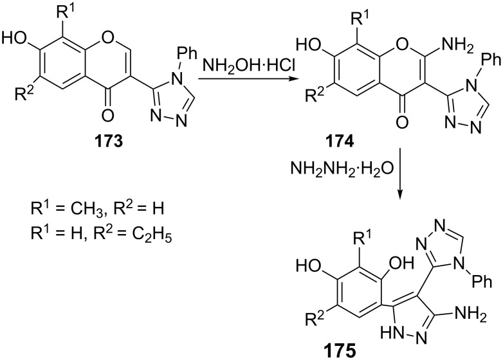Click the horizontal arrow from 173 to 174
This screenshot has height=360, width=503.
point(248,81)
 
